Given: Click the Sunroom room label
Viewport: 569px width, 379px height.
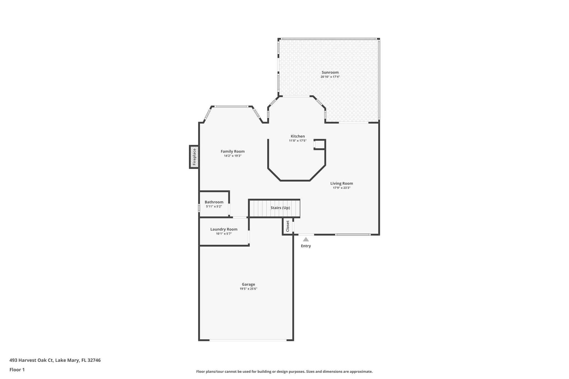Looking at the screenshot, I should coord(330,72).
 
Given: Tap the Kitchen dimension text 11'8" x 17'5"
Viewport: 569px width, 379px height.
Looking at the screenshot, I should coord(298,141).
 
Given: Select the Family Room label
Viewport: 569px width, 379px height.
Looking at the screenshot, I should coord(233,151).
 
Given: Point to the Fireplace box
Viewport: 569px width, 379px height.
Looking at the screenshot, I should coord(194,157).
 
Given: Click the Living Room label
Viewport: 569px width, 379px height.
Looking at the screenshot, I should coord(341,183).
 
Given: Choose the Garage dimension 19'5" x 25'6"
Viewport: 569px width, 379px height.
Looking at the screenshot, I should coord(248,289).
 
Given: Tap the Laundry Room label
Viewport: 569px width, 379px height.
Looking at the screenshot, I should coord(224,229).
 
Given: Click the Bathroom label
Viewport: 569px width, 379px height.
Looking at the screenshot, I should coord(214,202).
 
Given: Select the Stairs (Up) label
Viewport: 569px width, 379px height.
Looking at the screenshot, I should coord(280,208).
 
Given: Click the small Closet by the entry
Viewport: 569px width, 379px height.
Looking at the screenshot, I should coord(288,226).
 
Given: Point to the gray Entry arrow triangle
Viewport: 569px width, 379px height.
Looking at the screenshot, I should coord(306,239).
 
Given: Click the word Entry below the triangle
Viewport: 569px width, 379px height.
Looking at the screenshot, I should coord(306,246).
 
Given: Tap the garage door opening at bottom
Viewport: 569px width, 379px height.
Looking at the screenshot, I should coord(248,340).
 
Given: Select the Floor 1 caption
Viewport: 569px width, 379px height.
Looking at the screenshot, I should coord(17,370).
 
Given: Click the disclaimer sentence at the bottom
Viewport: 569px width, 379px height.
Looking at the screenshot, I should coord(284,372).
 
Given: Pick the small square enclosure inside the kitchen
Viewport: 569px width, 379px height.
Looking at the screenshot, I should coord(320,145).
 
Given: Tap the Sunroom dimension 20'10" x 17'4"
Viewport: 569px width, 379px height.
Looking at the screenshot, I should coord(330,77).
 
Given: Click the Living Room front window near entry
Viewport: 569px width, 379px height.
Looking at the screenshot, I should coord(353,235).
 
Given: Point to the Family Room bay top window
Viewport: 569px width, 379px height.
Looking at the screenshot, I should coord(231,106).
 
